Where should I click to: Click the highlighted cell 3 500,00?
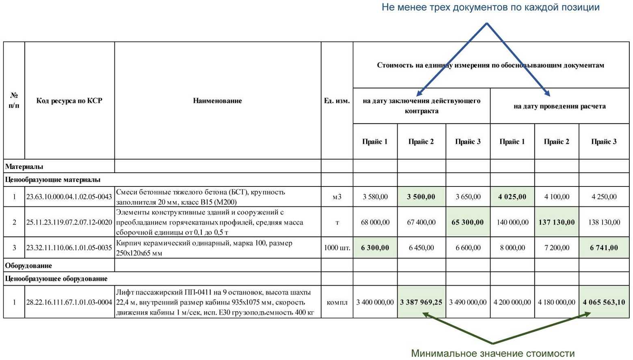point(421,197)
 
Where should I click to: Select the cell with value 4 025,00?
point(512,197)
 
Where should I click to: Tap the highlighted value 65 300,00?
point(467,222)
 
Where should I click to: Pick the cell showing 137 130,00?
point(556,222)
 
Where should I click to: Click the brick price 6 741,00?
point(604,247)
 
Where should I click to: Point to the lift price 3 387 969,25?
point(421,302)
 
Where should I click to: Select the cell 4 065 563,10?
point(604,302)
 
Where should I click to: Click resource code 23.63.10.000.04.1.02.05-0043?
point(69,197)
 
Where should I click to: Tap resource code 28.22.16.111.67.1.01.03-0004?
point(69,302)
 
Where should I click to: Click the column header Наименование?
point(217,101)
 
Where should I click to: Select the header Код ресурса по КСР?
point(69,101)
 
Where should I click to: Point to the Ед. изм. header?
point(337,101)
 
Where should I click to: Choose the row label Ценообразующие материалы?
point(53,180)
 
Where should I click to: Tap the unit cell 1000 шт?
point(337,247)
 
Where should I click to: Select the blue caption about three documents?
point(490,7)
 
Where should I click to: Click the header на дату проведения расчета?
point(559,106)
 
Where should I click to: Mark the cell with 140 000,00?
point(512,222)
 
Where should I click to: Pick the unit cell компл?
point(337,302)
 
